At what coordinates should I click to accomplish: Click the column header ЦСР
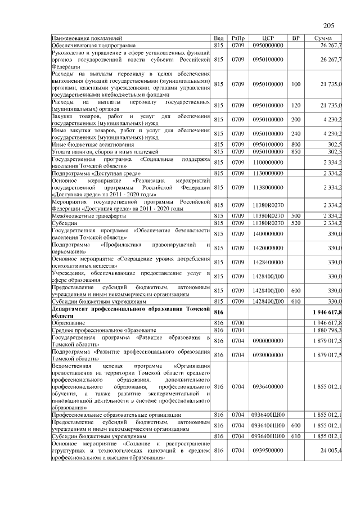click(268, 38)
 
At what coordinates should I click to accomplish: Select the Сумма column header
click(325, 38)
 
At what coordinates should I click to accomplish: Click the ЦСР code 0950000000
click(268, 44)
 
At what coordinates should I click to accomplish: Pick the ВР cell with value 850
click(296, 152)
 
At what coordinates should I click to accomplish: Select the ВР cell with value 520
click(296, 223)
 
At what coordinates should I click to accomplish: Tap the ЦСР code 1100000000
click(268, 162)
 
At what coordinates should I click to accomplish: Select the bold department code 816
click(219, 312)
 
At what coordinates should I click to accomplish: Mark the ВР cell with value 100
click(296, 84)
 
